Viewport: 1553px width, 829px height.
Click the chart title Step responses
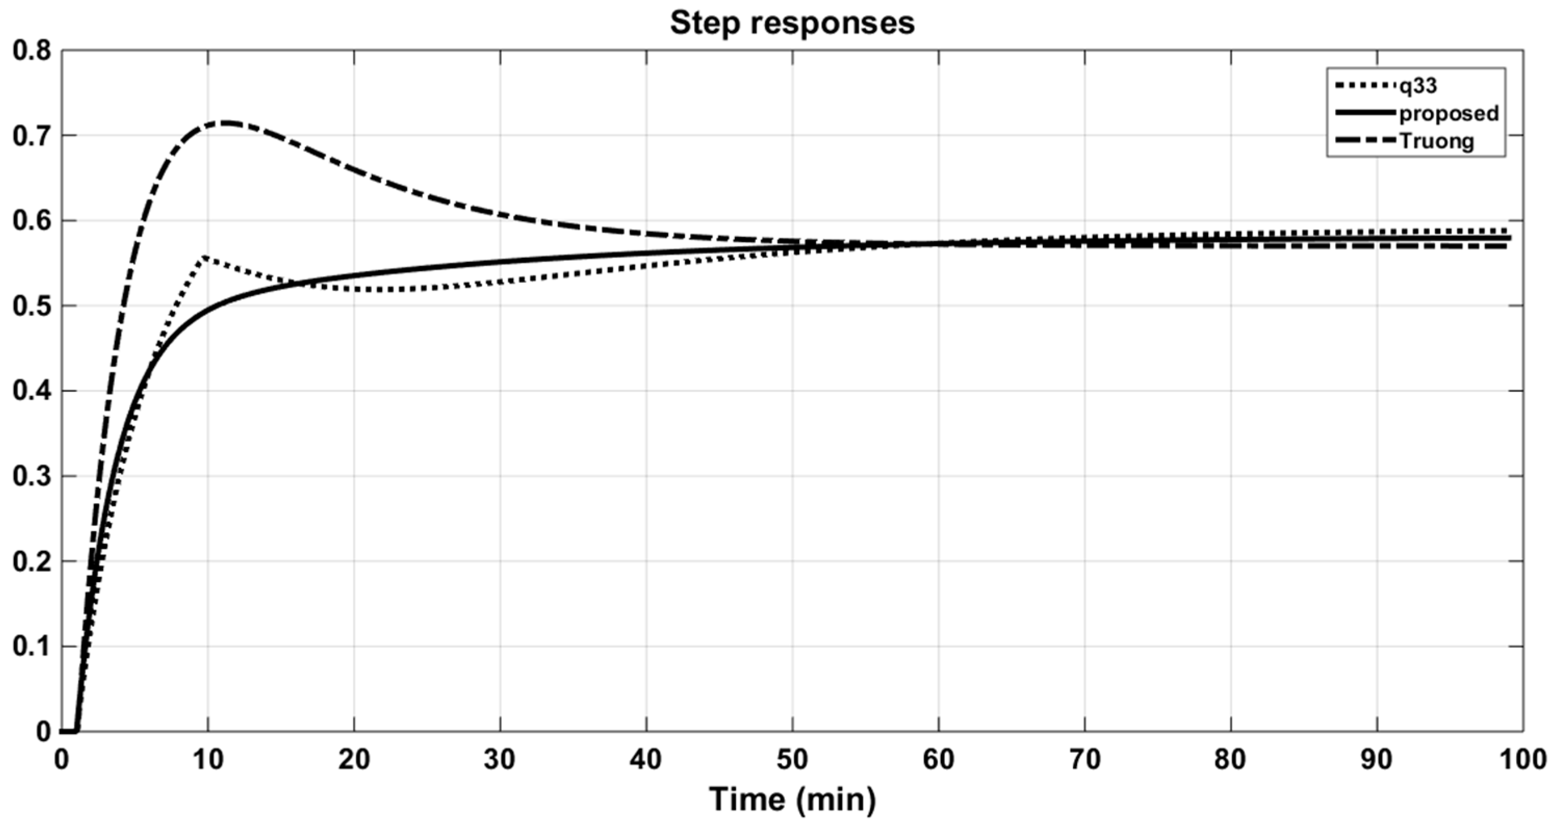point(792,23)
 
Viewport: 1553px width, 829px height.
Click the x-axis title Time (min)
point(792,799)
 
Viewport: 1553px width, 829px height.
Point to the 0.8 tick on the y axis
point(31,50)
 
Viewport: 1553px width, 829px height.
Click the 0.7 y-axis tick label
point(31,136)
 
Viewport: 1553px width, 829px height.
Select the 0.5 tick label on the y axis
point(31,306)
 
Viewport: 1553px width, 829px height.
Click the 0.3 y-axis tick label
point(31,477)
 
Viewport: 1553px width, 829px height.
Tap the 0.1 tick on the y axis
point(31,647)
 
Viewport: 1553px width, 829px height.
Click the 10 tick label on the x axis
point(208,760)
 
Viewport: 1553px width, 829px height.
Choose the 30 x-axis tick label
point(500,760)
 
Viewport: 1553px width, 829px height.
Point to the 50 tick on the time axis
point(792,760)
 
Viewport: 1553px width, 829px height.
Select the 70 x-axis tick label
point(1084,760)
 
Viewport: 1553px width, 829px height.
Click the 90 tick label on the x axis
point(1377,760)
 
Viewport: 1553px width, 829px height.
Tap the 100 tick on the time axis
point(1522,760)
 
